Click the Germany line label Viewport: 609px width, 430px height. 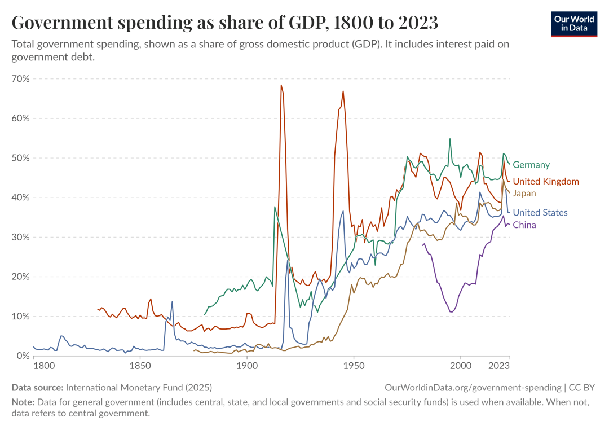pyautogui.click(x=531, y=165)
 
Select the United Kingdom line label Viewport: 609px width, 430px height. pyautogui.click(x=545, y=181)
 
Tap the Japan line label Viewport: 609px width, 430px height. pyautogui.click(x=524, y=193)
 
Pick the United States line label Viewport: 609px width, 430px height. pyautogui.click(x=540, y=213)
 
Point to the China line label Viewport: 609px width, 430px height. pyautogui.click(x=524, y=225)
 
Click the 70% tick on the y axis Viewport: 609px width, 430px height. pyautogui.click(x=20, y=78)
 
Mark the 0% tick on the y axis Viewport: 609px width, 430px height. pyautogui.click(x=23, y=356)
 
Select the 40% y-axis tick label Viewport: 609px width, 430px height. pyautogui.click(x=20, y=198)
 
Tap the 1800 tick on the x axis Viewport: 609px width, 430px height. pyautogui.click(x=44, y=366)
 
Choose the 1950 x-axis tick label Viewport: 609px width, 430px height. pyautogui.click(x=354, y=366)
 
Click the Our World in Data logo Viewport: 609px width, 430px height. pyautogui.click(x=573, y=23)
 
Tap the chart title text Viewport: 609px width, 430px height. pyautogui.click(x=225, y=23)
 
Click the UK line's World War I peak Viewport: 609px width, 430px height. pyautogui.click(x=281, y=85)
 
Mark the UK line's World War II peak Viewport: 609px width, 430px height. pyautogui.click(x=343, y=91)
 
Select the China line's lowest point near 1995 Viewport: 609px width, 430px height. pyautogui.click(x=451, y=312)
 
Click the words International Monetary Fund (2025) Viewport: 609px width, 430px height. pyautogui.click(x=139, y=388)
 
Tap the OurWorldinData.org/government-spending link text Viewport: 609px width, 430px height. pyautogui.click(x=473, y=388)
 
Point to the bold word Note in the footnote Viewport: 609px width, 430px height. pyautogui.click(x=23, y=402)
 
